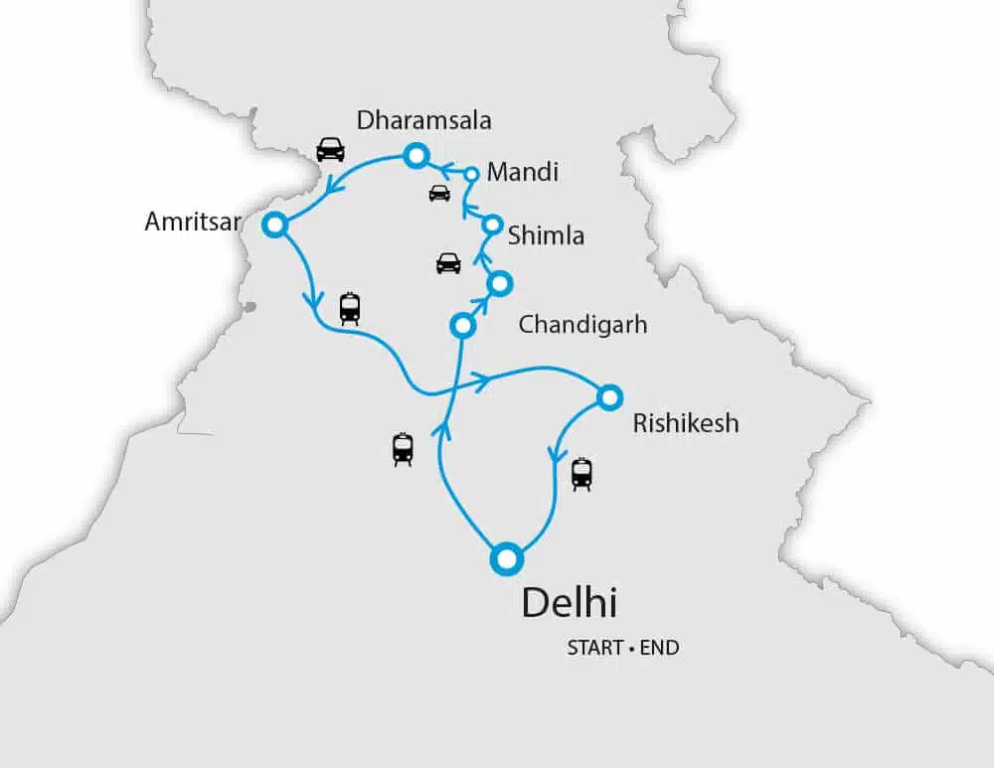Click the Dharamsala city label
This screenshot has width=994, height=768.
(x=424, y=121)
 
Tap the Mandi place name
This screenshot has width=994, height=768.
(x=523, y=172)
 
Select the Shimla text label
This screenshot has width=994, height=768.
(x=546, y=235)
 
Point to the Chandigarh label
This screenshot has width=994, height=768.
(x=582, y=325)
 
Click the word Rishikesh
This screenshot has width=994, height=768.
(x=686, y=423)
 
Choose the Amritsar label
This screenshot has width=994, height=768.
(x=193, y=222)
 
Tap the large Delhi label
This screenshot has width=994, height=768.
(x=570, y=603)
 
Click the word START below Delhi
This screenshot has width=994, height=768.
(x=594, y=648)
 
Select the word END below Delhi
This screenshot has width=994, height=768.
(x=659, y=648)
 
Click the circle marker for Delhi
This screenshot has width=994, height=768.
(x=507, y=558)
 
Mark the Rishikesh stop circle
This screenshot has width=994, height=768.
(x=609, y=396)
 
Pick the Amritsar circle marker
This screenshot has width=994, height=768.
(x=274, y=225)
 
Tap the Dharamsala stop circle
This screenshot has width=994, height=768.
(x=414, y=155)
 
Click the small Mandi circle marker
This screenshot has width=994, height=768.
(x=472, y=175)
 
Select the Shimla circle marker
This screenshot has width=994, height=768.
(x=490, y=225)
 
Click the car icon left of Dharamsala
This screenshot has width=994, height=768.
(x=330, y=149)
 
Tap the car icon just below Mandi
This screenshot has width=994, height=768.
(x=439, y=193)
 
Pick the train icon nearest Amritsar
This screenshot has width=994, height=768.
(x=350, y=308)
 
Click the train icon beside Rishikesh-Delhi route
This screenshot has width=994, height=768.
(x=581, y=474)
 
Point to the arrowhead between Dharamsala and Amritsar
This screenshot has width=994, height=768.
(x=334, y=181)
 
